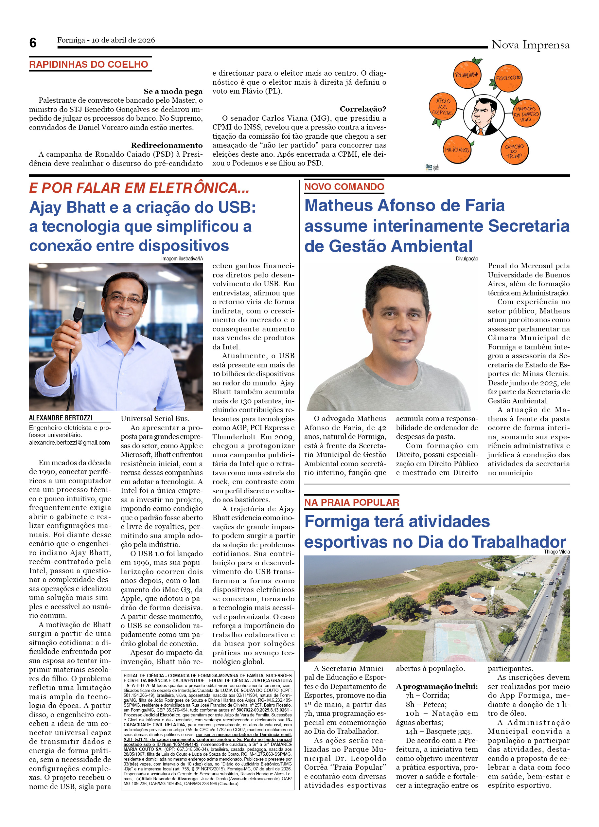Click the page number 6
(x=33, y=43)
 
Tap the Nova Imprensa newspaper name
(x=530, y=45)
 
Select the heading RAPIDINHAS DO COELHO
(x=89, y=64)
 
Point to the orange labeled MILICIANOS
(x=456, y=150)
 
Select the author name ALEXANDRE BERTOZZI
(x=61, y=418)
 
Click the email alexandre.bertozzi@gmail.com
(x=69, y=443)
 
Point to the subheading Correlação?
(x=362, y=109)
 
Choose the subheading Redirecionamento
(x=167, y=145)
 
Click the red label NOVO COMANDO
(x=344, y=187)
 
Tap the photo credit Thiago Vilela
(x=556, y=552)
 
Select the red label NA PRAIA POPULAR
(x=351, y=502)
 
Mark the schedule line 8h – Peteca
(x=426, y=704)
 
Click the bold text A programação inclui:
(x=437, y=686)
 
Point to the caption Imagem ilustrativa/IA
(x=182, y=258)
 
